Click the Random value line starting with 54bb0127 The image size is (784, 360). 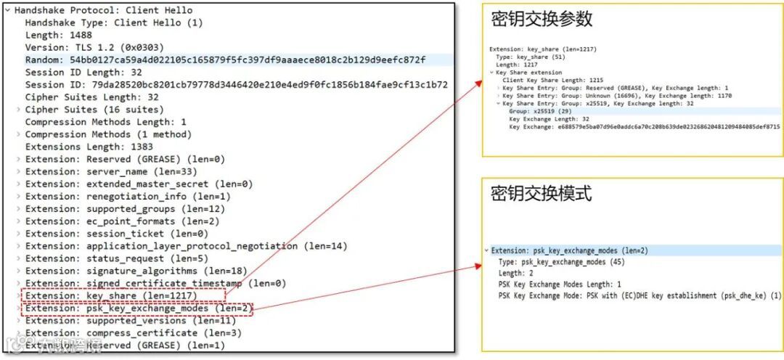coord(225,60)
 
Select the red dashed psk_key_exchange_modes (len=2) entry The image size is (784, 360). coord(138,308)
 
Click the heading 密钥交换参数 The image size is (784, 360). coord(542,20)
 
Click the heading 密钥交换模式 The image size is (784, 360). coord(541,194)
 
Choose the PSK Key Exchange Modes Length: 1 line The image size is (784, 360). coord(560,285)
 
